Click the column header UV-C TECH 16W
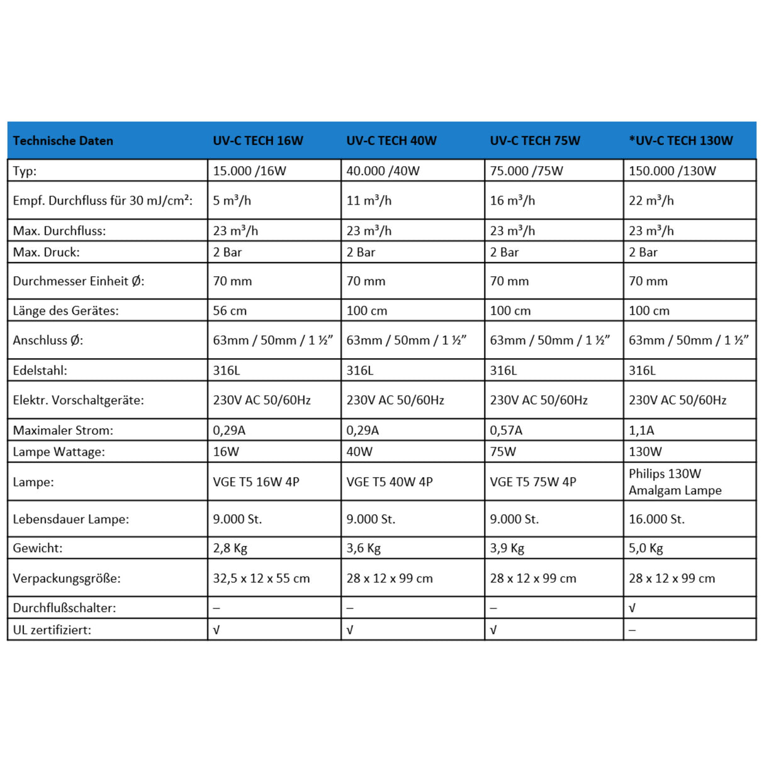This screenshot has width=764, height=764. pos(258,141)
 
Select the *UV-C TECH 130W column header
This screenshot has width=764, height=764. pos(681,141)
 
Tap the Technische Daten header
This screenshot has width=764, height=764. pos(63,141)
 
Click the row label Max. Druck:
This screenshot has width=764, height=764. pos(47,252)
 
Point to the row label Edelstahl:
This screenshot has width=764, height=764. pos(40,371)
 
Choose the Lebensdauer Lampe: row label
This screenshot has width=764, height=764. pos(71,519)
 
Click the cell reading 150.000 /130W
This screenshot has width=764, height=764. pos(672,171)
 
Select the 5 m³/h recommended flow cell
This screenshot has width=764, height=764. pos(232,201)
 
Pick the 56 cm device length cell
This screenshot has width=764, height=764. pos(230,311)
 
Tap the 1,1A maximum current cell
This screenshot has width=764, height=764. pos(641,430)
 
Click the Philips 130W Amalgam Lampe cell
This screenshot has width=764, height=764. pos(675,482)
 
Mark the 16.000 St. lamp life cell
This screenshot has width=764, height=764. pos(656,519)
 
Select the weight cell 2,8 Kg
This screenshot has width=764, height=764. pos(230,548)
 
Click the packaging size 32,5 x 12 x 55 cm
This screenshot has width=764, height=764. pos(261,578)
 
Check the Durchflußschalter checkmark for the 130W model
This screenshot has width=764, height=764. pos(632,609)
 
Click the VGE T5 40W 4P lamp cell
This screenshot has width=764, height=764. pos(390,482)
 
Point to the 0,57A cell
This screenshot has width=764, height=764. pos(506,430)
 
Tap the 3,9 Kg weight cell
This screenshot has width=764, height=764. pos(507,548)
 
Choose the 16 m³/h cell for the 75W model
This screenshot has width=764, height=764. pos(512,201)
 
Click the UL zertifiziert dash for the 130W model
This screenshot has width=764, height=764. pos(632,630)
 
